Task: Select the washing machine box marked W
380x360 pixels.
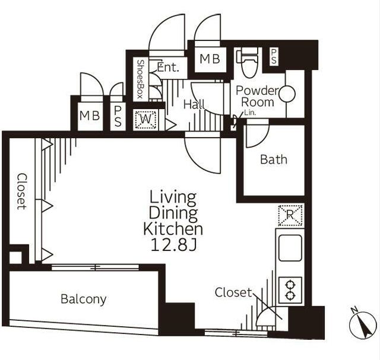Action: point(145,120)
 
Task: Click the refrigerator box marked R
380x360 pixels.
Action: point(290,215)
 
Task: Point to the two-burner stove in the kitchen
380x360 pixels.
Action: point(290,290)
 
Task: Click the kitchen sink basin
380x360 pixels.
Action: point(290,248)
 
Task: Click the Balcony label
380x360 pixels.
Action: point(83,300)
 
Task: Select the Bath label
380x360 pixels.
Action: point(274,160)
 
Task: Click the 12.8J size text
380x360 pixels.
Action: point(173,245)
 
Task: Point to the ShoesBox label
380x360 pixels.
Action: point(140,79)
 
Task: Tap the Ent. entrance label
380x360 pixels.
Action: point(168,67)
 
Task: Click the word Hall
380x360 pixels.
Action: point(194,104)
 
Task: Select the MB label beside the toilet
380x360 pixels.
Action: point(210,59)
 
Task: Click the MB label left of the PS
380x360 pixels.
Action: point(90,116)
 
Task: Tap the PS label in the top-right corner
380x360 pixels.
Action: point(274,57)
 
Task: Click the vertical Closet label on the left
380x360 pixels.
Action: point(22,191)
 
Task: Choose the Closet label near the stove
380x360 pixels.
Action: point(233,292)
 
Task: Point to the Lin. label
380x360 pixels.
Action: point(250,113)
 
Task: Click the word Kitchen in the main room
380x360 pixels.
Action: point(173,229)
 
